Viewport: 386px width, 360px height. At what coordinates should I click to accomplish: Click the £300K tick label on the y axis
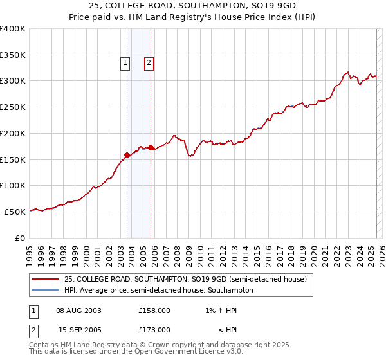[13, 81]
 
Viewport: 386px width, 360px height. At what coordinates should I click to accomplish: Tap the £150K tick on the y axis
[13, 159]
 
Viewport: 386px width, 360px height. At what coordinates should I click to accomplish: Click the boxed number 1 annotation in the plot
[124, 63]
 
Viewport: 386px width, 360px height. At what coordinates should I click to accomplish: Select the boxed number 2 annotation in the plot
[149, 63]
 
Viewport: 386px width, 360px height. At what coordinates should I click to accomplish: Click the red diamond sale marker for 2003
[127, 154]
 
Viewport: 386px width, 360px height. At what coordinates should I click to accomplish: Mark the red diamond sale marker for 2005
[151, 147]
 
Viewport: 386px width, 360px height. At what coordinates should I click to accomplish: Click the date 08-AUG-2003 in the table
[79, 310]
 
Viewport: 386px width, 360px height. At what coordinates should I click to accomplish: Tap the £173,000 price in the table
[154, 329]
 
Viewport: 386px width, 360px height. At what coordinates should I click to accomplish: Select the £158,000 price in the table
[154, 310]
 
